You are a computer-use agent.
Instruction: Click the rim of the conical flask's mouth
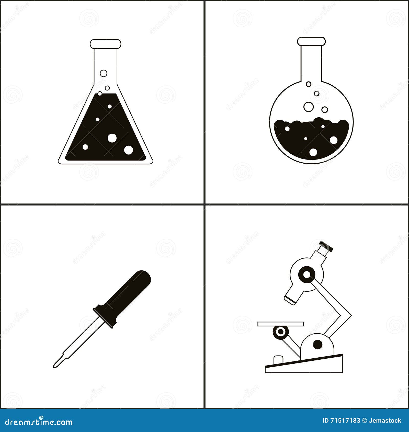pyautogui.click(x=105, y=44)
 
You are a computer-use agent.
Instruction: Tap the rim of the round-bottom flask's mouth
pyautogui.click(x=311, y=41)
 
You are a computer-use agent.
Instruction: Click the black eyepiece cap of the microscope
pyautogui.click(x=326, y=246)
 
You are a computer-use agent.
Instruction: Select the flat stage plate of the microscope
pyautogui.click(x=280, y=324)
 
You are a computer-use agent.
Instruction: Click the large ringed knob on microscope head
pyautogui.click(x=307, y=275)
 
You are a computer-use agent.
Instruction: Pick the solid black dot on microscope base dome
pyautogui.click(x=318, y=345)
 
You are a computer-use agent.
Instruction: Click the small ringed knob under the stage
pyautogui.click(x=280, y=332)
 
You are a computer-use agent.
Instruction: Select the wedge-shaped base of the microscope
pyautogui.click(x=304, y=366)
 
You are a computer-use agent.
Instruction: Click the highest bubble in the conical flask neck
pyautogui.click(x=104, y=73)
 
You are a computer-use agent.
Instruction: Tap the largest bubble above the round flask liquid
pyautogui.click(x=309, y=107)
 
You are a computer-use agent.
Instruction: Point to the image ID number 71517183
pyautogui.click(x=345, y=420)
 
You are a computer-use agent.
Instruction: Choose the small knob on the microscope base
pyautogui.click(x=278, y=360)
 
